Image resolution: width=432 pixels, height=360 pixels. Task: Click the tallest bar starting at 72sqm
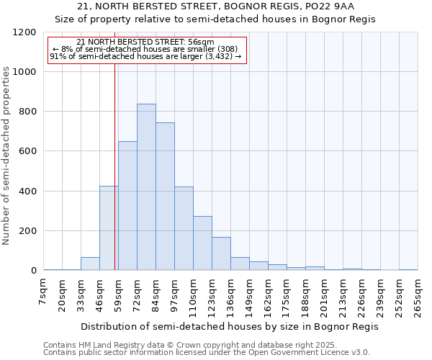coord(146,187)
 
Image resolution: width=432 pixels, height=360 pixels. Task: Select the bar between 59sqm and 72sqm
coord(127,206)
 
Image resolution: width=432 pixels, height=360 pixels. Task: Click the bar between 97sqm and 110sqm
coord(184,228)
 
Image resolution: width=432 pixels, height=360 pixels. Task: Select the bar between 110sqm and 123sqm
coord(202,243)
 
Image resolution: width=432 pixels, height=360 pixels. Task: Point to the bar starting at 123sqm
coord(221,253)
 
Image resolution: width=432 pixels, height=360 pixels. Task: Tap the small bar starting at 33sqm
coord(90,264)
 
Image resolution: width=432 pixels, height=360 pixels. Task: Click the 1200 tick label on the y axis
coord(24,32)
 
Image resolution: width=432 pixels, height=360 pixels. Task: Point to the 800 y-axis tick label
coord(27,112)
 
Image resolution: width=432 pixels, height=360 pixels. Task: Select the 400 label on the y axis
coord(27,192)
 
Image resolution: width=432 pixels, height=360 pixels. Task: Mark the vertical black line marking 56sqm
coord(114,166)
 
